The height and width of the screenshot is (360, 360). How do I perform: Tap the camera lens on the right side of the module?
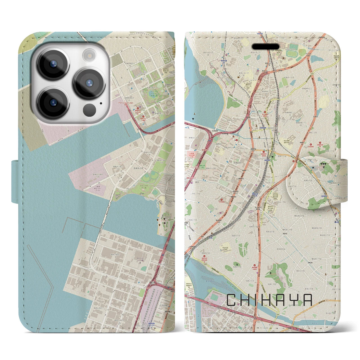tap(89, 82)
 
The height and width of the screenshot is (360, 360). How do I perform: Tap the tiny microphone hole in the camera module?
tap(100, 103)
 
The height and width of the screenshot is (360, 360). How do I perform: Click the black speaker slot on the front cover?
tap(265, 47)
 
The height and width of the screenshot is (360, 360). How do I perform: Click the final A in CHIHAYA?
tap(308, 300)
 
